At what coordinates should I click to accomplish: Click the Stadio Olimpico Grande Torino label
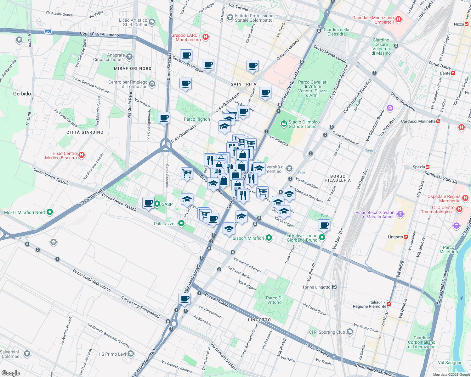click(x=304, y=124)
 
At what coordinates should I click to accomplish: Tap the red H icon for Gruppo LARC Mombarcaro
click(x=206, y=37)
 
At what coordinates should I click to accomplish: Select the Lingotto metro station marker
click(x=406, y=237)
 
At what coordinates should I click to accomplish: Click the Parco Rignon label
click(x=197, y=119)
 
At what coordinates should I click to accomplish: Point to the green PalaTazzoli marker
click(x=181, y=223)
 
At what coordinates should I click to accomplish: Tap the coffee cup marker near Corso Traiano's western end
click(x=185, y=298)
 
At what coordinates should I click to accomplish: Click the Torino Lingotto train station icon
click(x=334, y=287)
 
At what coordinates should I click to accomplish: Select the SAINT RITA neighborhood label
click(x=243, y=84)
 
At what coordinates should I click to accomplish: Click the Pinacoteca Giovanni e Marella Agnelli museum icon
click(x=400, y=215)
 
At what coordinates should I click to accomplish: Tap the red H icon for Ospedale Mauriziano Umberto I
click(x=399, y=19)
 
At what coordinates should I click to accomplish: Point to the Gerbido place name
click(x=22, y=94)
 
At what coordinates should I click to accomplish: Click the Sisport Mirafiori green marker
click(x=269, y=238)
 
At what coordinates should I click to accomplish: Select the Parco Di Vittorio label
click(x=274, y=300)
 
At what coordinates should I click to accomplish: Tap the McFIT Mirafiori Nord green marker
click(x=50, y=212)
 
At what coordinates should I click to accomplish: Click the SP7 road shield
click(x=48, y=32)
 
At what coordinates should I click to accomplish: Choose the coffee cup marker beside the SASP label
click(x=148, y=203)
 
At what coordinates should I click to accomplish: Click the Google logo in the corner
click(x=10, y=373)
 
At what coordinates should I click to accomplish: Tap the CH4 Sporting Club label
click(x=327, y=332)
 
